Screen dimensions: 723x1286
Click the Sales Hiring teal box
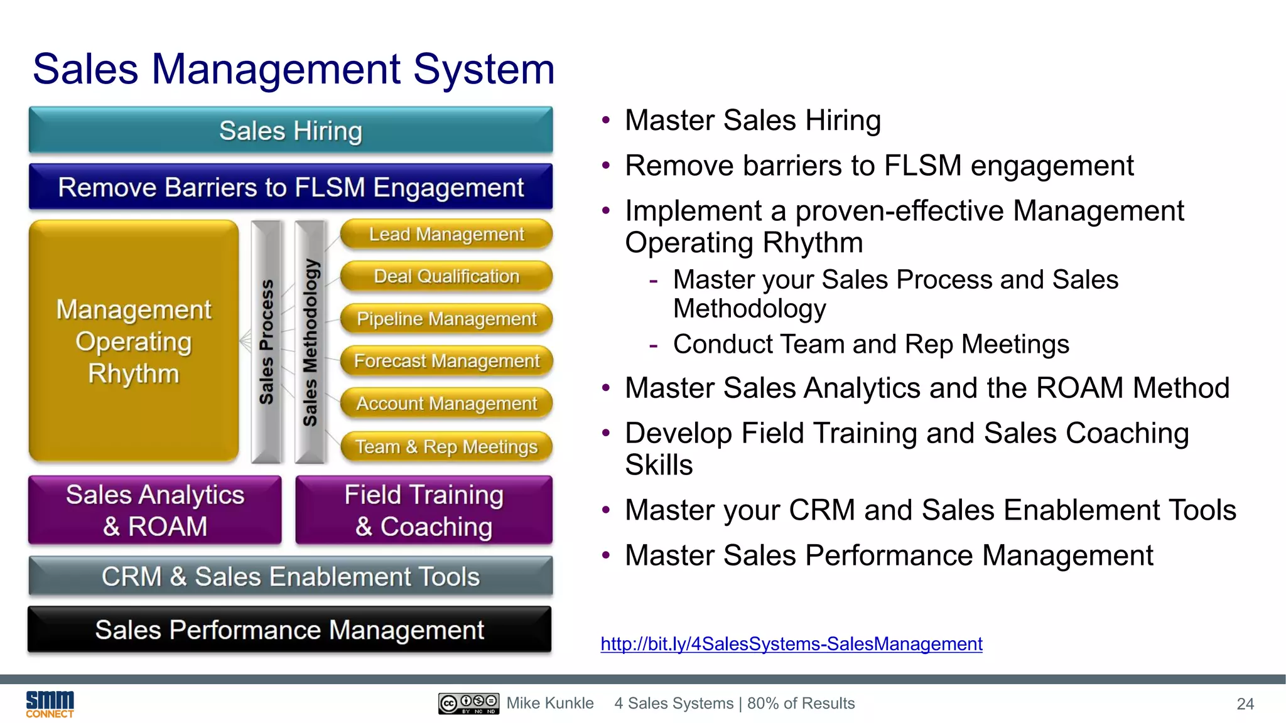(x=291, y=131)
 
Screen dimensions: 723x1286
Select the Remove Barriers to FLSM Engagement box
(x=291, y=187)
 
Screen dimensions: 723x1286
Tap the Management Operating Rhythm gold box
(x=134, y=341)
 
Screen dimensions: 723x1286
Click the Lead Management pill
(x=446, y=234)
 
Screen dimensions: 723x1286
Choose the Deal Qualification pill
(x=446, y=276)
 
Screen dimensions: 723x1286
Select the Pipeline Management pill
(x=446, y=319)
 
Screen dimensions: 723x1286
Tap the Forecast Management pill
(x=446, y=361)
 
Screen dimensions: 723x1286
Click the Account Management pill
(x=446, y=404)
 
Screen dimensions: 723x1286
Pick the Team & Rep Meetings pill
(x=446, y=446)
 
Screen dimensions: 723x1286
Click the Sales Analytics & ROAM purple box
(x=155, y=510)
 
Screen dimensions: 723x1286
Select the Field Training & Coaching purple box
(x=424, y=510)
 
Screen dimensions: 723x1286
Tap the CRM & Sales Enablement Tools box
(x=291, y=576)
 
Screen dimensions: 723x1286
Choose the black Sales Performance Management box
(x=289, y=629)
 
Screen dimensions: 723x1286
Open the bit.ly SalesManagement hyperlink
(x=791, y=644)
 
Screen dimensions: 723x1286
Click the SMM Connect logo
(x=50, y=704)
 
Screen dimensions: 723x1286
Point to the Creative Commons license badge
(x=468, y=704)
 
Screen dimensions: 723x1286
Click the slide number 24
(x=1245, y=704)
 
